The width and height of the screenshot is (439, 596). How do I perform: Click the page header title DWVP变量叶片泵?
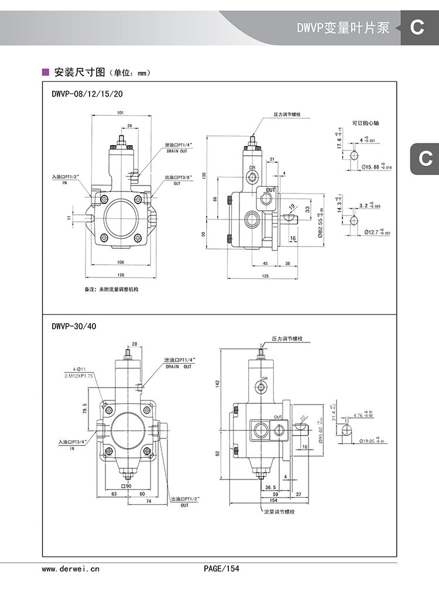(x=342, y=28)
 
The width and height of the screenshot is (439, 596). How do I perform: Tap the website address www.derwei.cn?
(x=71, y=568)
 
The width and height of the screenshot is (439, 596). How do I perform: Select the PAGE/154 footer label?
(x=222, y=568)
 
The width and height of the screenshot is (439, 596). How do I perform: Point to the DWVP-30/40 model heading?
(x=70, y=326)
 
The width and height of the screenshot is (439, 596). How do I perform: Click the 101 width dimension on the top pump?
(x=120, y=112)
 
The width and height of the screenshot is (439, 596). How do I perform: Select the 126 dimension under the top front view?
(x=121, y=274)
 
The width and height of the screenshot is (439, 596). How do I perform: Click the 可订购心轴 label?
(x=366, y=124)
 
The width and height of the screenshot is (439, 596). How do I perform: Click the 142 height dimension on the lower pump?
(x=217, y=383)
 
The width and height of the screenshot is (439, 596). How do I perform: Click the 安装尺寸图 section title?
(x=79, y=73)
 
